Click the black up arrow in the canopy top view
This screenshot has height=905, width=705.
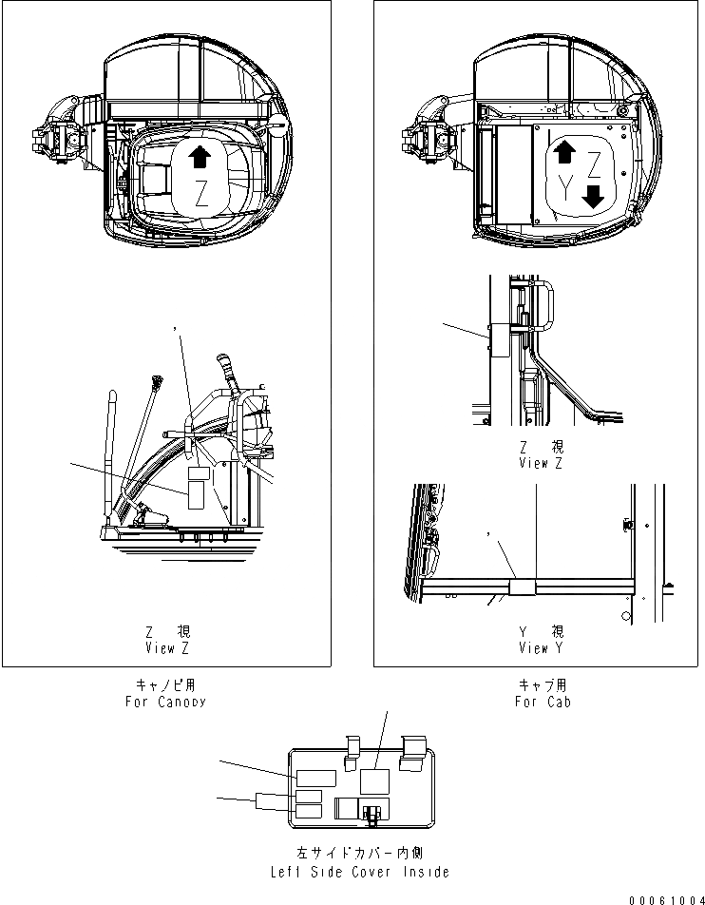click(x=200, y=158)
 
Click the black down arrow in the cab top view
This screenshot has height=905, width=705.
click(x=593, y=197)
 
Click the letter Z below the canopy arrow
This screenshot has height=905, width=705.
click(x=200, y=197)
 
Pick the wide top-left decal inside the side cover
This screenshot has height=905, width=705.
click(x=314, y=777)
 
